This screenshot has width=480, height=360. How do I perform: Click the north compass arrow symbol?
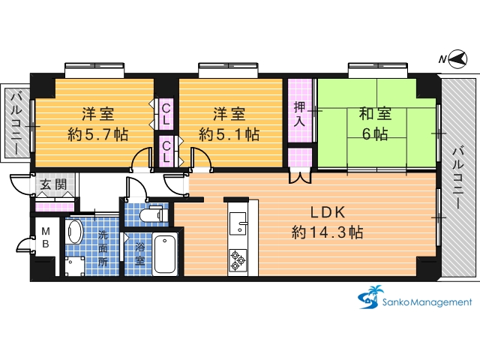458,58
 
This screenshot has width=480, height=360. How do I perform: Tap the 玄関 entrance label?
53,185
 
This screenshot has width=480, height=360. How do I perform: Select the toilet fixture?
154,214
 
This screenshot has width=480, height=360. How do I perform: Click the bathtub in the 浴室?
165,254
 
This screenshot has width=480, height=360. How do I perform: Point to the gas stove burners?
238,260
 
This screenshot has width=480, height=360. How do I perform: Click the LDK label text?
328,212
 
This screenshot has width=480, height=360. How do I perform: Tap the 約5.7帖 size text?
98,134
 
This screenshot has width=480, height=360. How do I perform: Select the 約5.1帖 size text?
229,134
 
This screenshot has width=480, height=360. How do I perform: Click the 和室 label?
375,114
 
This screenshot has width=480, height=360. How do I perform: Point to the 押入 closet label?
299,114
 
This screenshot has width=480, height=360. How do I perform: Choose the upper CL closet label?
166,114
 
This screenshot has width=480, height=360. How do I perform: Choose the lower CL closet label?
166,151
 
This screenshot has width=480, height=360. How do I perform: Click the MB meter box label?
46,238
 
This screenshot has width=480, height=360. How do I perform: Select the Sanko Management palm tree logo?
370,297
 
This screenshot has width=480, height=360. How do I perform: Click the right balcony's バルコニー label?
458,177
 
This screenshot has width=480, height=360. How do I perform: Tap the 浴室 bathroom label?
140,254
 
